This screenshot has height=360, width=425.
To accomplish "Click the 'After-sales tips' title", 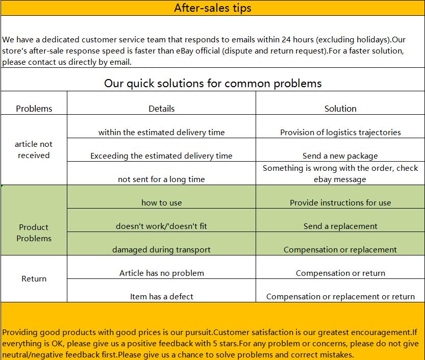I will pyautogui.click(x=212, y=8).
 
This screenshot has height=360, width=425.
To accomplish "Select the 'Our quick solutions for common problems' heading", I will pyautogui.click(x=212, y=83).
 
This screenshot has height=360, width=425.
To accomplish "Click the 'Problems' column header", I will pyautogui.click(x=34, y=109).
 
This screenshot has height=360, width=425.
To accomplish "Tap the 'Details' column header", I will pyautogui.click(x=161, y=109).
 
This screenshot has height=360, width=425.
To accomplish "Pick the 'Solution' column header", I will pyautogui.click(x=340, y=109).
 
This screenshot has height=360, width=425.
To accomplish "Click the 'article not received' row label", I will pyautogui.click(x=34, y=150).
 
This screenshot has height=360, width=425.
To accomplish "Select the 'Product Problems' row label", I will pyautogui.click(x=34, y=233).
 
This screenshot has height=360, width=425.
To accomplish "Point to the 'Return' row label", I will pyautogui.click(x=34, y=279).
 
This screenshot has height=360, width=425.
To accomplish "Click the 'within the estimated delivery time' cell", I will pyautogui.click(x=161, y=133).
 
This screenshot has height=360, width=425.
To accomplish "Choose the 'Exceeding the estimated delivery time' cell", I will pyautogui.click(x=161, y=156).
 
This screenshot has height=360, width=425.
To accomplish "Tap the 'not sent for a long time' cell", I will pyautogui.click(x=161, y=179).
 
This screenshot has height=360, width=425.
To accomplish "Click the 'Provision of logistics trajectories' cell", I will pyautogui.click(x=340, y=133).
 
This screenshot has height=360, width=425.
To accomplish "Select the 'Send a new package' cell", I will pyautogui.click(x=340, y=156).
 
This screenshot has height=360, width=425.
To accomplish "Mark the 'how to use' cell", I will pyautogui.click(x=161, y=203).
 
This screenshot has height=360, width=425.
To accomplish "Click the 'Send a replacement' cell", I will pyautogui.click(x=340, y=226).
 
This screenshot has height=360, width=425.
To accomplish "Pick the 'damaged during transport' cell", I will pyautogui.click(x=161, y=250).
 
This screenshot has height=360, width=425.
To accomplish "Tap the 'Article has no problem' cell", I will pyautogui.click(x=161, y=273).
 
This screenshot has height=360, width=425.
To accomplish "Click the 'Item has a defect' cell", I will pyautogui.click(x=161, y=297).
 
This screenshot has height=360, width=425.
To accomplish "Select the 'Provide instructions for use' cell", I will pyautogui.click(x=340, y=203).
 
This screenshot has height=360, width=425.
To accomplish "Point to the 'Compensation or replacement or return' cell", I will pyautogui.click(x=340, y=297).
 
